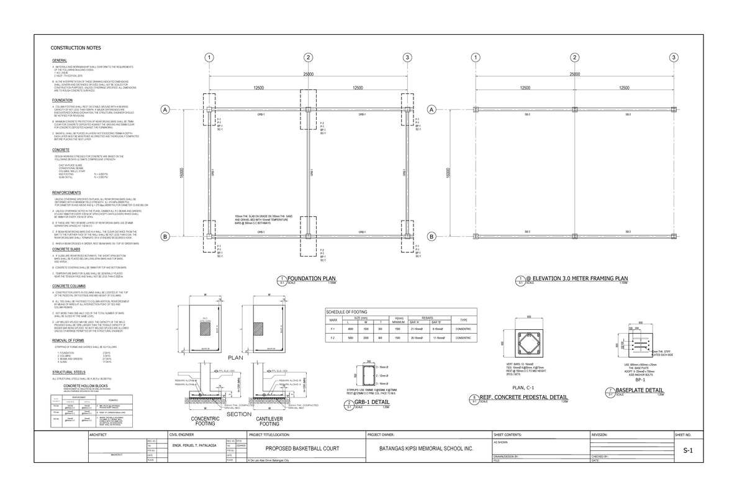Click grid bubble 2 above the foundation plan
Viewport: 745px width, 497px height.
[308, 58]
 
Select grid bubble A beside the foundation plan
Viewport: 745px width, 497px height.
[165, 110]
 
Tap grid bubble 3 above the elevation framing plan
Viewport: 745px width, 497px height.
[674, 58]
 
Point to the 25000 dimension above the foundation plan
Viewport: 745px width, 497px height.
[308, 75]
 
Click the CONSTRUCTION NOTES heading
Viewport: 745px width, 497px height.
[71, 48]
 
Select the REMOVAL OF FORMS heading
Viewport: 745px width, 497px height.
[69, 341]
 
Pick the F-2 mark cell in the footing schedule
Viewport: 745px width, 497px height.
[333, 338]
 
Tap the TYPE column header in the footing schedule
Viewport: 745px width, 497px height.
[463, 319]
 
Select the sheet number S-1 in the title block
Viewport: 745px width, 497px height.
[687, 450]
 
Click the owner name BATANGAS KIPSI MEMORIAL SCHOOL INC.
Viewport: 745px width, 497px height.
[426, 448]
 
